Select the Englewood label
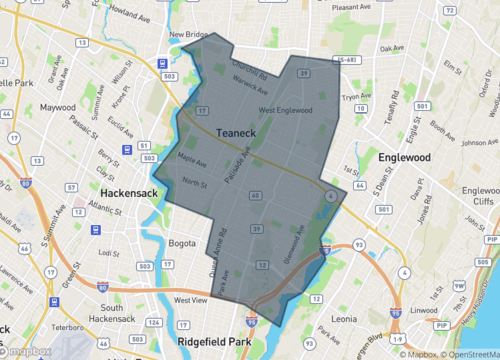(x=404, y=158)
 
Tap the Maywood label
(x=58, y=106)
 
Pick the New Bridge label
(x=188, y=35)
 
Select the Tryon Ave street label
(x=357, y=98)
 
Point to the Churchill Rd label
(x=250, y=71)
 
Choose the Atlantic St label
(x=106, y=207)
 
